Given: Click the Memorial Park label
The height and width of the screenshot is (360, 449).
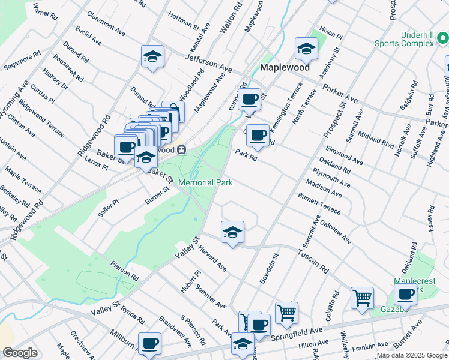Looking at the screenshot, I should [205, 182].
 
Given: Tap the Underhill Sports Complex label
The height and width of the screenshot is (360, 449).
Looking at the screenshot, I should [403, 38].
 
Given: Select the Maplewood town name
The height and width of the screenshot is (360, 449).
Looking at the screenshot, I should [285, 67].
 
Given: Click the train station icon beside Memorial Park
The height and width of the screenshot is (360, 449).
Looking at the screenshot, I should [181, 149].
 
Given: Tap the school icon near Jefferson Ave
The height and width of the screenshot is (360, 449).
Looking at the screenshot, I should [152, 57].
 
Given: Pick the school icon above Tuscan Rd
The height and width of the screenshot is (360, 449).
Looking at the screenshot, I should [232, 232].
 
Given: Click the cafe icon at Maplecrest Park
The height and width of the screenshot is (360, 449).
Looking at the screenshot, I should [406, 295].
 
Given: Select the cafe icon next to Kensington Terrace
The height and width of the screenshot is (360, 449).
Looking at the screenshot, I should [258, 136].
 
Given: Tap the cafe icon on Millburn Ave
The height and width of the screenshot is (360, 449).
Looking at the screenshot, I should [149, 344].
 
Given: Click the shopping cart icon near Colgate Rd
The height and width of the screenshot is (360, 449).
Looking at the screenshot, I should [362, 297].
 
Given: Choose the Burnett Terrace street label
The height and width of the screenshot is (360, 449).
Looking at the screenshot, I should [323, 203].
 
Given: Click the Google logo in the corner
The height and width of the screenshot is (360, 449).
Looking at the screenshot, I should [20, 353].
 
